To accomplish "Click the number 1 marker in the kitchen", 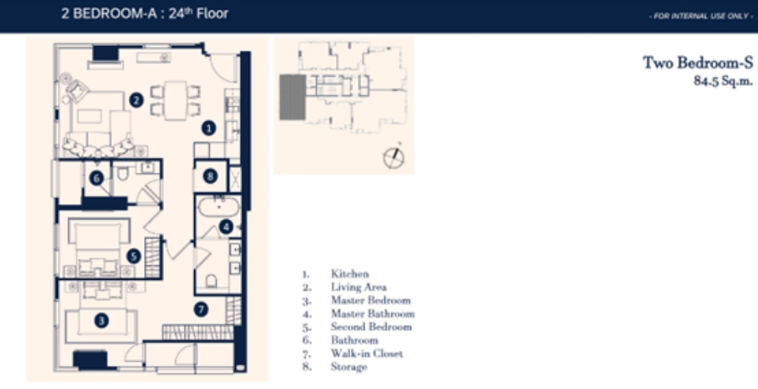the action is pyautogui.click(x=208, y=128).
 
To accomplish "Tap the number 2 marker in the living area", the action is pyautogui.click(x=136, y=100).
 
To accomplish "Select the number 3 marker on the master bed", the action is pyautogui.click(x=101, y=320).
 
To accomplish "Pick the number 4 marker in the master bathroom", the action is pyautogui.click(x=225, y=227).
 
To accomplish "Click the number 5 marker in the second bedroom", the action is pyautogui.click(x=133, y=257).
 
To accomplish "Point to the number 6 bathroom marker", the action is pyautogui.click(x=96, y=178).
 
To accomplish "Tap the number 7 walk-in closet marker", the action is pyautogui.click(x=201, y=309).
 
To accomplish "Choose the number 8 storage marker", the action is pyautogui.click(x=210, y=177).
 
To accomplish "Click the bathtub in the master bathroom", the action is pyautogui.click(x=219, y=208).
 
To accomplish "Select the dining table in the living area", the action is pyautogui.click(x=176, y=100).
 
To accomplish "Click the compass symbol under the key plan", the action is pyautogui.click(x=394, y=157).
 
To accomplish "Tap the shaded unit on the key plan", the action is pyautogui.click(x=292, y=97).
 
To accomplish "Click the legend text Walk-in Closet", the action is pyautogui.click(x=367, y=353).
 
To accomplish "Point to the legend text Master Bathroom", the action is pyautogui.click(x=373, y=314).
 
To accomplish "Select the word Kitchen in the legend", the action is pyautogui.click(x=349, y=274).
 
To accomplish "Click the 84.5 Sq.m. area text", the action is pyautogui.click(x=723, y=81).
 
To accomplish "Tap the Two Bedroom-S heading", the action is pyautogui.click(x=698, y=63).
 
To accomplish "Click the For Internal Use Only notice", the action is pyautogui.click(x=700, y=17).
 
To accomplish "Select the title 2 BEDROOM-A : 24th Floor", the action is pyautogui.click(x=144, y=13).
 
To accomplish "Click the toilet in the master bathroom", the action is pyautogui.click(x=211, y=280).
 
